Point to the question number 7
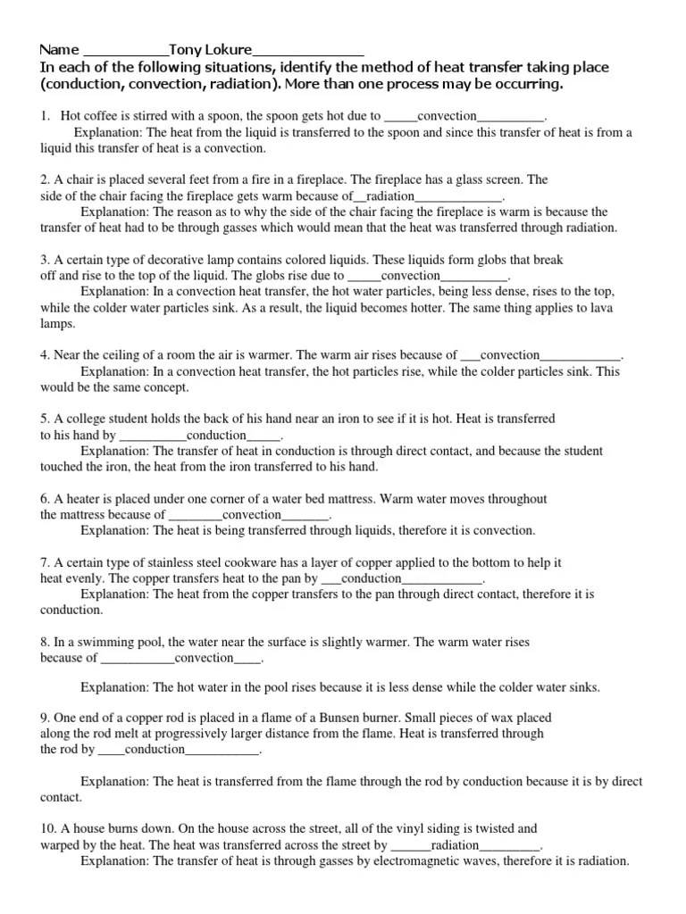click(x=45, y=562)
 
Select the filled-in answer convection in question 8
click(x=204, y=659)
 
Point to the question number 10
click(x=47, y=828)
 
